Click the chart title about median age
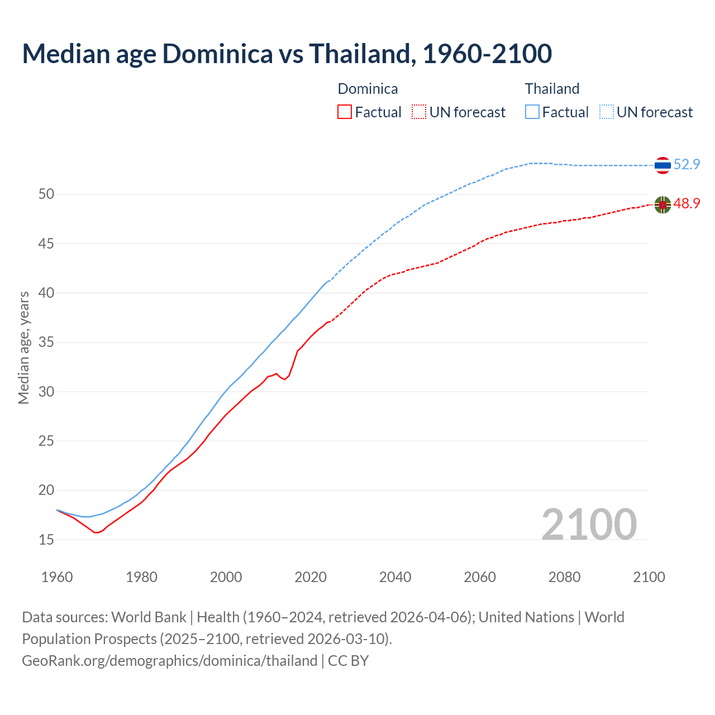click(287, 54)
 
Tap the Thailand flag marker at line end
click(662, 165)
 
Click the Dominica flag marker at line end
click(662, 205)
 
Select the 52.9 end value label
click(687, 164)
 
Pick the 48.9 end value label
click(687, 204)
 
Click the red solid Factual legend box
click(345, 112)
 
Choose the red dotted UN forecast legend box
click(419, 112)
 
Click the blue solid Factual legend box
click(532, 112)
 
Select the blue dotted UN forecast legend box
click(607, 112)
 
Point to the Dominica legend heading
click(368, 89)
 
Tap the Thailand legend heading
click(552, 89)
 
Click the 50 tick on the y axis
click(46, 194)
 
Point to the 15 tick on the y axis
click(46, 540)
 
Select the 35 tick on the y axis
click(46, 342)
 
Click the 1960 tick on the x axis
click(57, 577)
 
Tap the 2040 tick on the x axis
click(395, 577)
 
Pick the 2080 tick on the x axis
click(564, 577)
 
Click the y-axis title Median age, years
click(23, 347)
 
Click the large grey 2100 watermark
click(589, 524)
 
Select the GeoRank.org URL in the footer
click(169, 661)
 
